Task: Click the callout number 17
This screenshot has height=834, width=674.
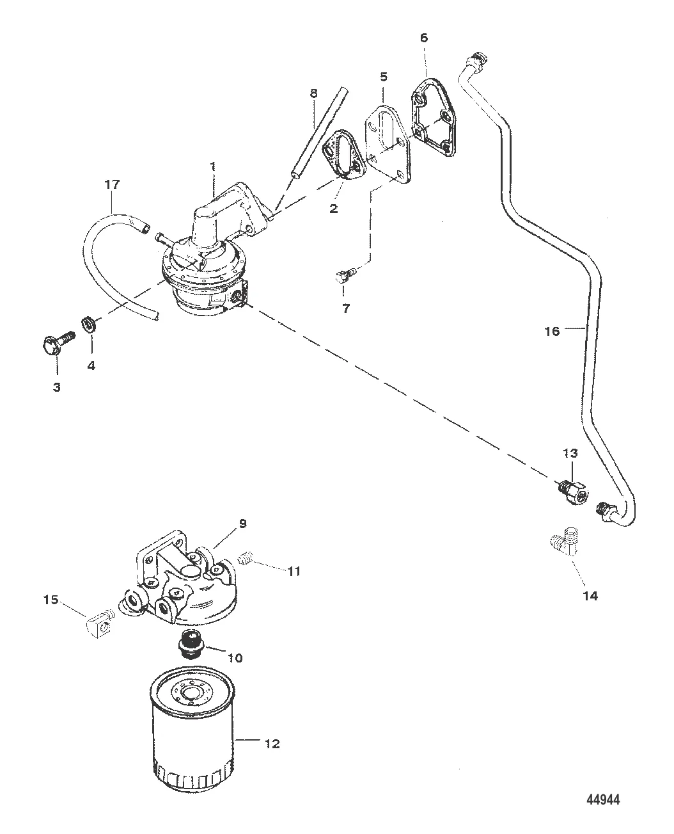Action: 112,184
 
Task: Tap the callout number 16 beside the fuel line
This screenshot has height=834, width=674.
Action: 553,332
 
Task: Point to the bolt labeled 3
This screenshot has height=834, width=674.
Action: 58,343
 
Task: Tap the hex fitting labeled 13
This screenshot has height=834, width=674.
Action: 572,493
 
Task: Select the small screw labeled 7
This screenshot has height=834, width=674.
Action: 345,274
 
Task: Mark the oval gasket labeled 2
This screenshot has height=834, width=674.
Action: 345,155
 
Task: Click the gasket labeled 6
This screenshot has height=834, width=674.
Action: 434,118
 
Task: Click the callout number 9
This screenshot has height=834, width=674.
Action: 242,524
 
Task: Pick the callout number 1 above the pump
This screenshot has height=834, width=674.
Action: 213,167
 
